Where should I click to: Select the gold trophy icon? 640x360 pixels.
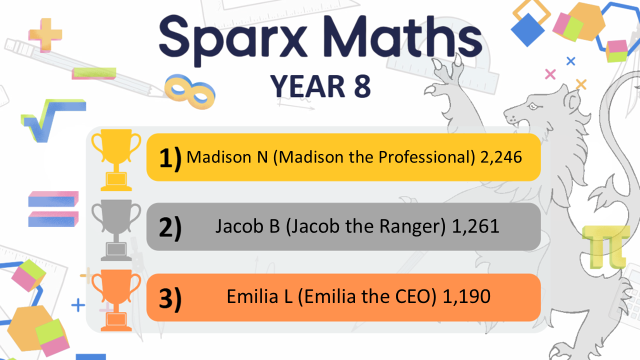point(116,159)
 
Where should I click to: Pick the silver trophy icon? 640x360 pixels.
point(116,230)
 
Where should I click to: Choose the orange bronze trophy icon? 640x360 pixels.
point(116,300)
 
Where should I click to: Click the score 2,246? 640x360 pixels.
point(501,157)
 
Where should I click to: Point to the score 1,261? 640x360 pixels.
point(475,226)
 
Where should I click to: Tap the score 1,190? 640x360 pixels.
point(466,296)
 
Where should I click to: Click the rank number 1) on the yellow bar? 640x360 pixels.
point(170,158)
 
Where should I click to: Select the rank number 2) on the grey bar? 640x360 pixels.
point(170,228)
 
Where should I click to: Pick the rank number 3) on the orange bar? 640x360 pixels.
point(170,299)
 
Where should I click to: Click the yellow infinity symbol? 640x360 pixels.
point(189,91)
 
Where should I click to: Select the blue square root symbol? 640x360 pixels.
point(53,120)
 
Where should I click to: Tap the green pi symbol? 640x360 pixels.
point(605,247)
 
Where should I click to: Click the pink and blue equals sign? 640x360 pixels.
point(53,209)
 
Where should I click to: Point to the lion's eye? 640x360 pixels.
point(533,106)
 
